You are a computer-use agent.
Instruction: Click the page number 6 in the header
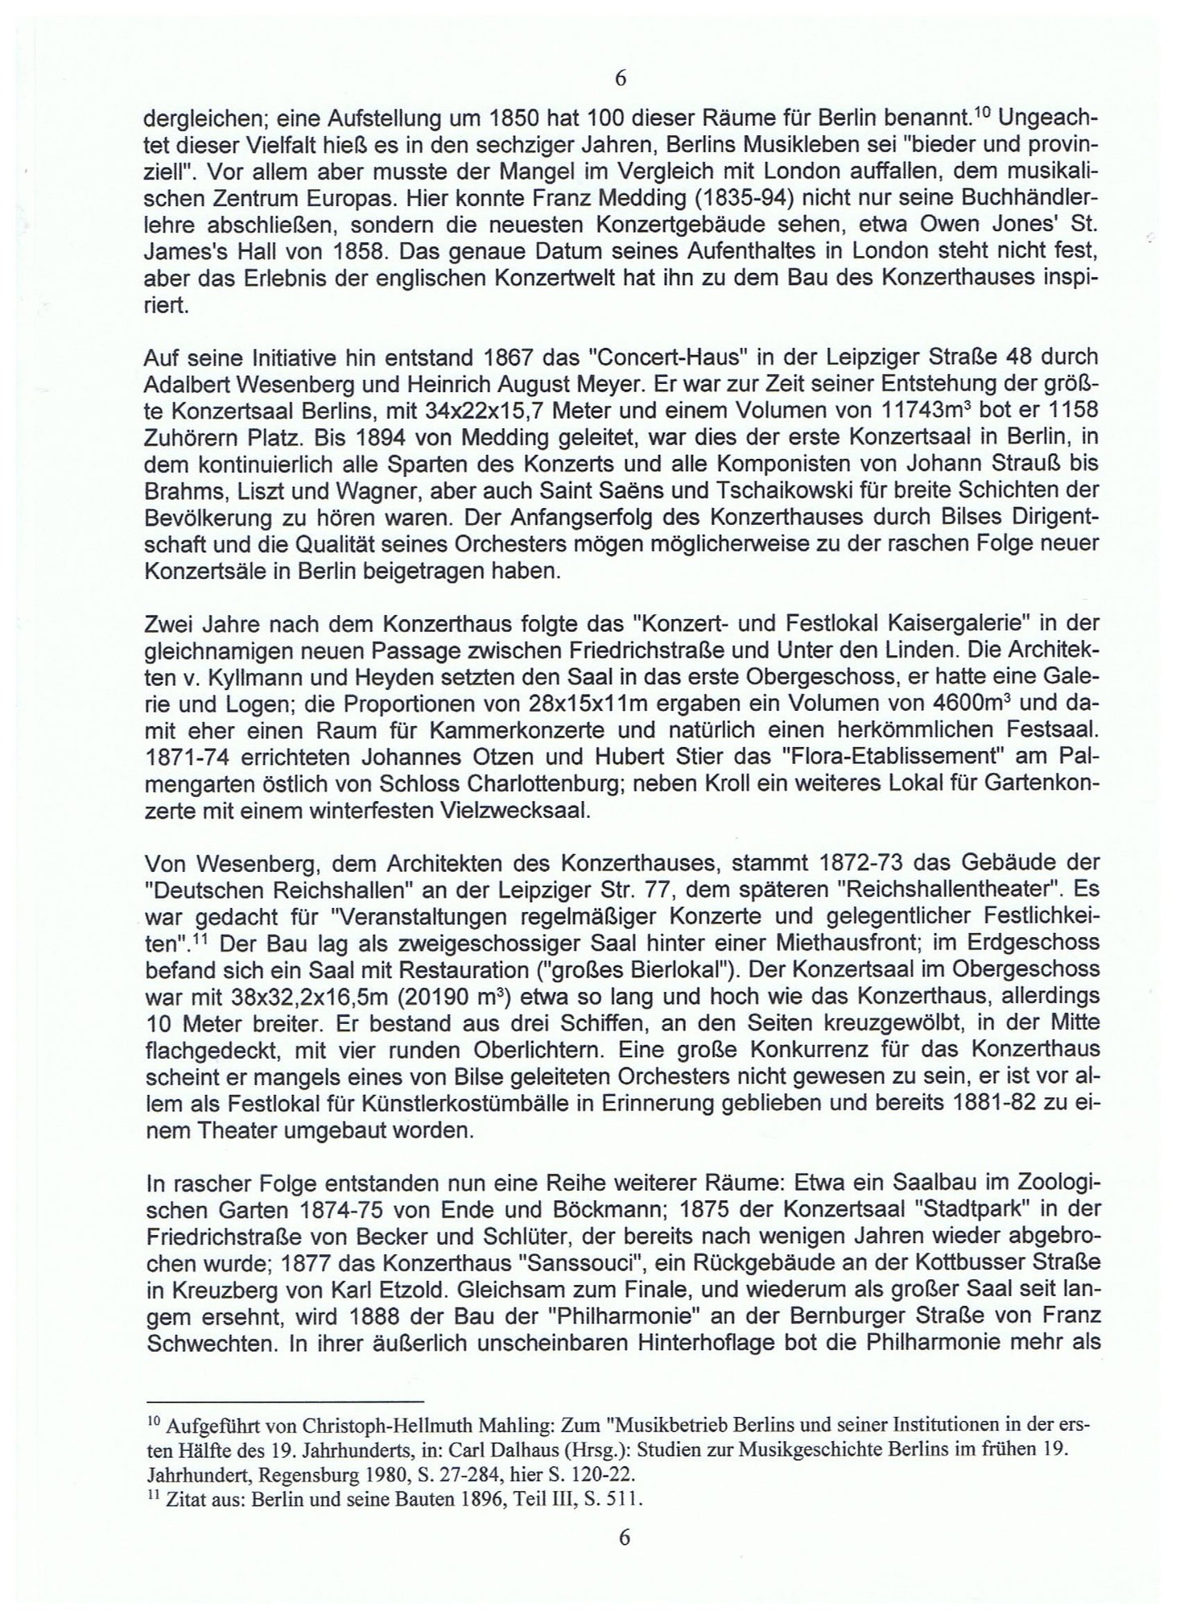click(620, 78)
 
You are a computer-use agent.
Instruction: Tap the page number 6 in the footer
click(624, 1536)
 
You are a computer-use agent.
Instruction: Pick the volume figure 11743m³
click(926, 408)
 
